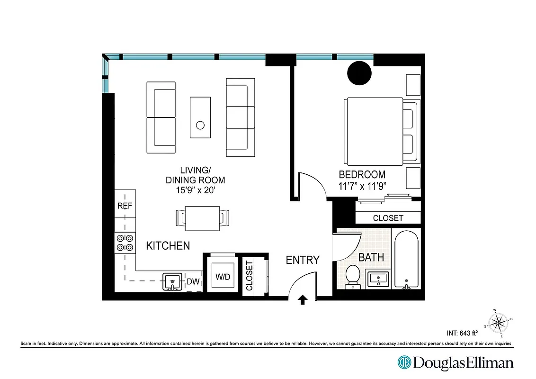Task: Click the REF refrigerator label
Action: click(x=125, y=206)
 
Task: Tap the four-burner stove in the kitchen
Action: click(x=125, y=243)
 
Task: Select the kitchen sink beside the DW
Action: click(x=171, y=281)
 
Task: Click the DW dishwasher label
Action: click(x=193, y=282)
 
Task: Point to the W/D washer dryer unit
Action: click(x=223, y=276)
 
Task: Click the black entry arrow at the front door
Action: click(x=303, y=300)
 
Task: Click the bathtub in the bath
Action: click(x=406, y=260)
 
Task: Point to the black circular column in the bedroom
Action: click(x=359, y=73)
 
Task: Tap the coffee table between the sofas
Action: click(x=200, y=117)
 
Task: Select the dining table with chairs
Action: click(x=202, y=218)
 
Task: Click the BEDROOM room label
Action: click(x=362, y=174)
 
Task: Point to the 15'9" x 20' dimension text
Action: click(x=195, y=190)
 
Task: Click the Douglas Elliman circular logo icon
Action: click(x=404, y=363)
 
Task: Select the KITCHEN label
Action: click(x=168, y=246)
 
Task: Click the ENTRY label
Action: click(x=303, y=260)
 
